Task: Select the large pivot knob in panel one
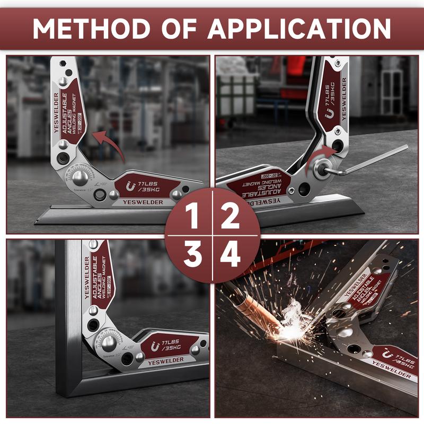click(81, 177)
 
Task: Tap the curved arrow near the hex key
click(321, 156)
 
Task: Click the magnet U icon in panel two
click(330, 113)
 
